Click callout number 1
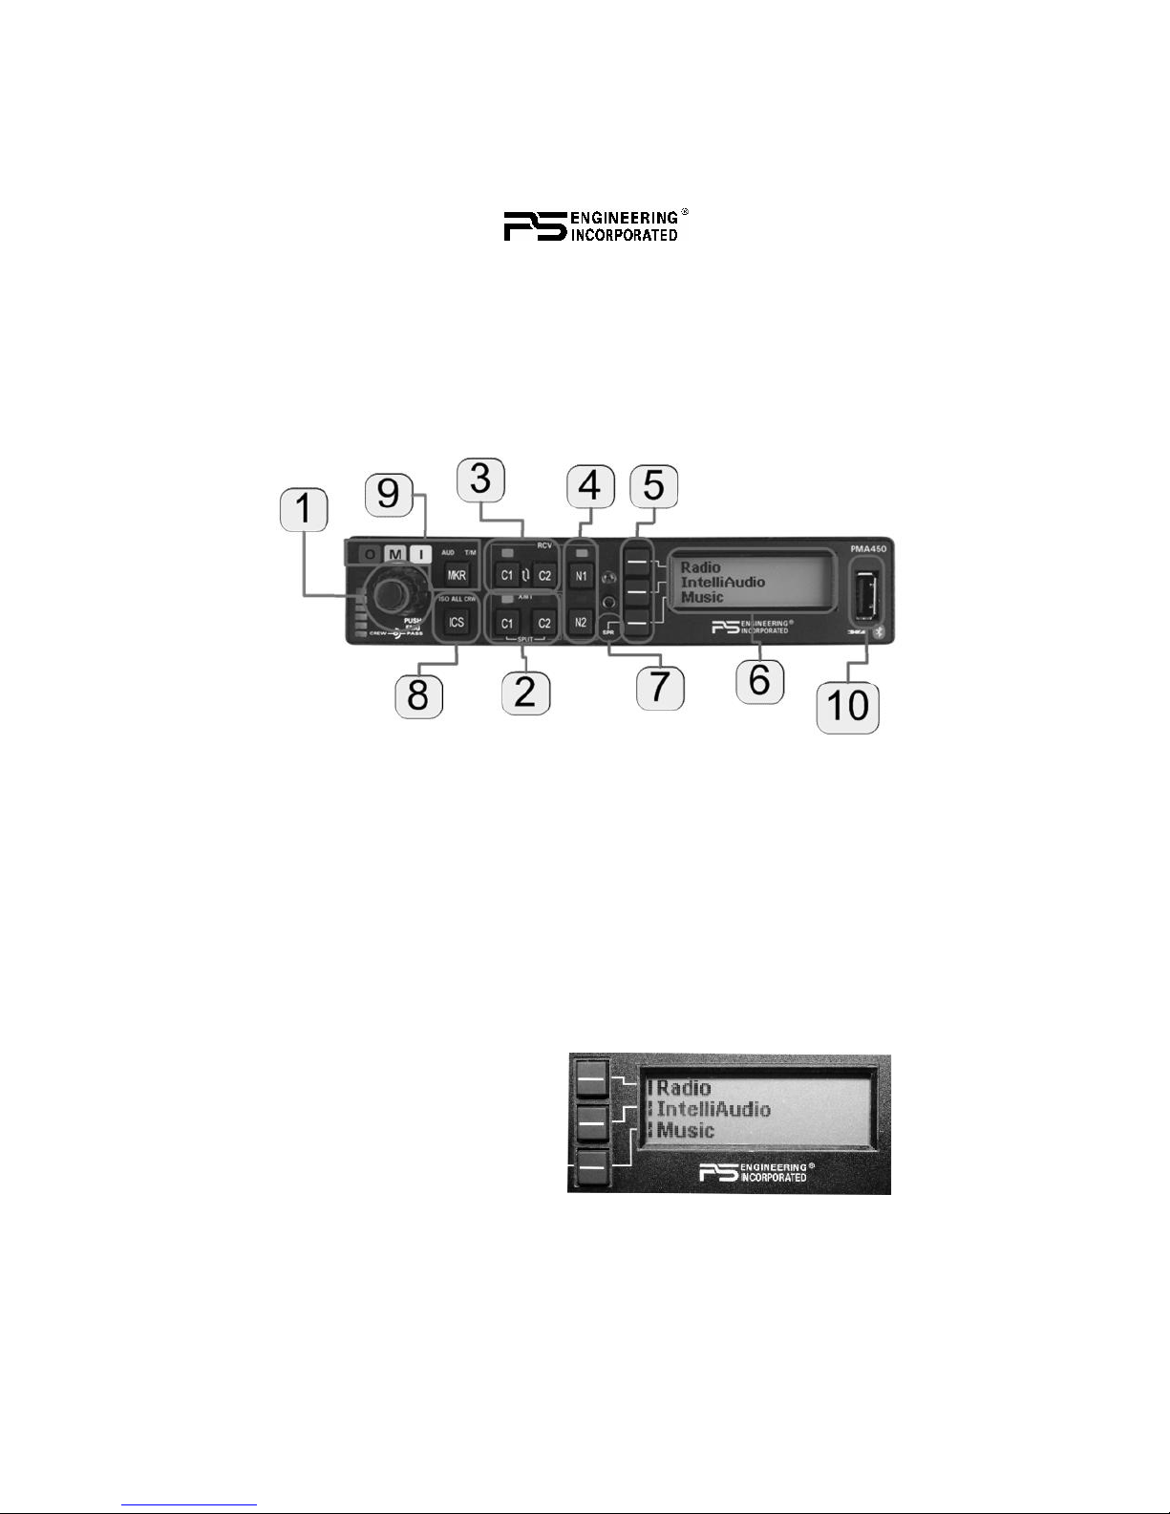pyautogui.click(x=304, y=512)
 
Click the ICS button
pyautogui.click(x=457, y=623)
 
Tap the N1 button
pyautogui.click(x=581, y=576)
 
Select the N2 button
pyautogui.click(x=581, y=623)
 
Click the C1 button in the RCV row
pyautogui.click(x=506, y=576)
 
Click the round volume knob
pyautogui.click(x=388, y=594)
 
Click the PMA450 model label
pyautogui.click(x=870, y=548)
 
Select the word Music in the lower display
pyautogui.click(x=686, y=1131)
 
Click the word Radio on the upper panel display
pyautogui.click(x=700, y=567)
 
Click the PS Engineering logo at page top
pyautogui.click(x=592, y=225)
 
